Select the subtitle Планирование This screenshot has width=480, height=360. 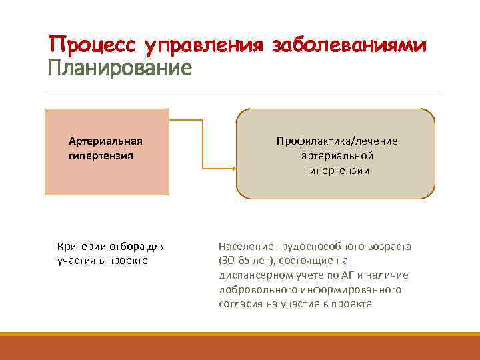[x=120, y=68]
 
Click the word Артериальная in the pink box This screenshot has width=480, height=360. [x=105, y=141]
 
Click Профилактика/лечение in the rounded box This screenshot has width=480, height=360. [x=337, y=141]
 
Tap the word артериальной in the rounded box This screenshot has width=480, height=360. [x=337, y=155]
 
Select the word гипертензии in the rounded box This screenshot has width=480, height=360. [x=337, y=170]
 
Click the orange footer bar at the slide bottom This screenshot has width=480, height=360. [x=240, y=346]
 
